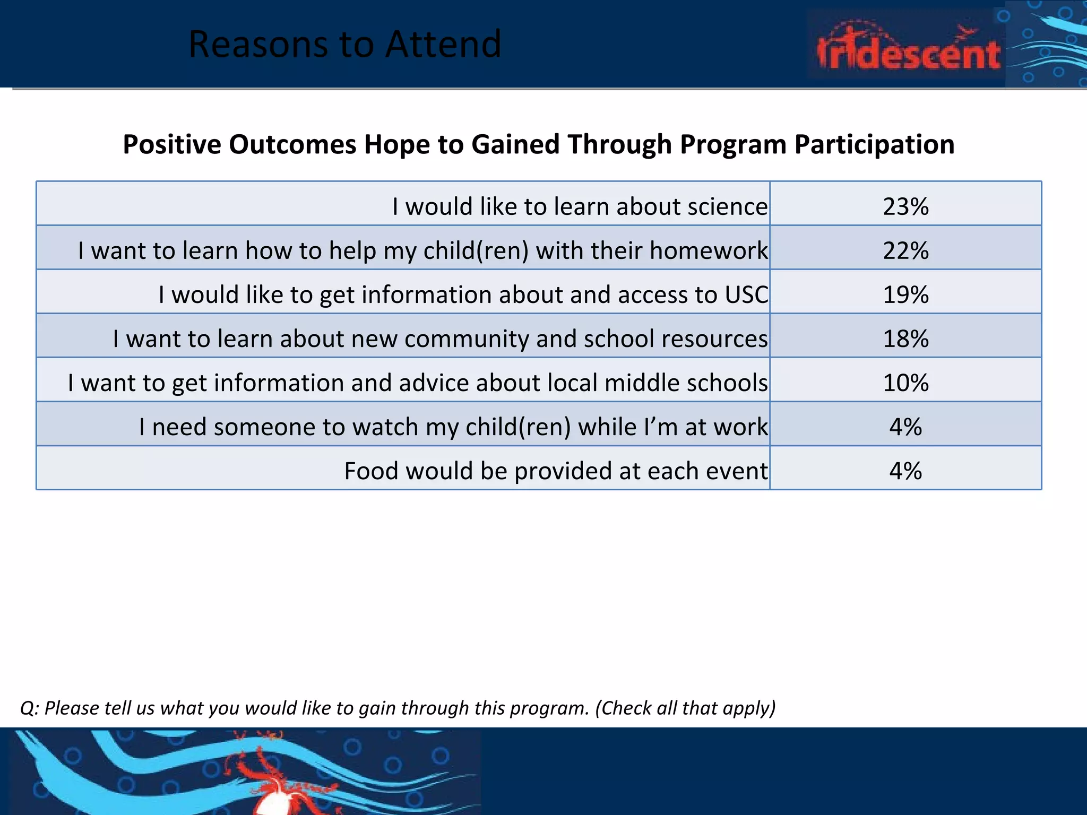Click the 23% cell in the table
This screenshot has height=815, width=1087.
pyautogui.click(x=905, y=206)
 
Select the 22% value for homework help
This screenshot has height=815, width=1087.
pyautogui.click(x=905, y=250)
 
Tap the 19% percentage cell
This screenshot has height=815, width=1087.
pyautogui.click(x=905, y=294)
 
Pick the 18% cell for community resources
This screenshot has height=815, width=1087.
pyautogui.click(x=905, y=339)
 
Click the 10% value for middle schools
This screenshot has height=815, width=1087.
pyautogui.click(x=905, y=383)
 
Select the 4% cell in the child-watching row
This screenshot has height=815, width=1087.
pyautogui.click(x=905, y=427)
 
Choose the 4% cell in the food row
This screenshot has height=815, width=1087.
pyautogui.click(x=905, y=471)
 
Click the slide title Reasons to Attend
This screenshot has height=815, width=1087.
pyautogui.click(x=345, y=44)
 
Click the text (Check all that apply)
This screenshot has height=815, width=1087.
pyautogui.click(x=685, y=708)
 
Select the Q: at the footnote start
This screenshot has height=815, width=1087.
pyautogui.click(x=29, y=708)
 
